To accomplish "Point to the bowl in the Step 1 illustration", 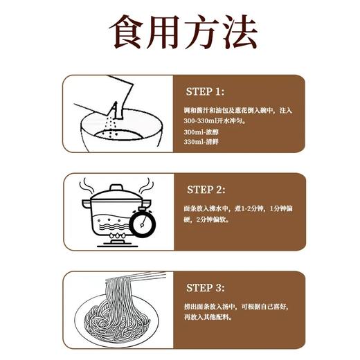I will point(114,132).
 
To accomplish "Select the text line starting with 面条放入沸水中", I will point(235,208).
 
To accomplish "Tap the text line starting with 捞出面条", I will point(235,307).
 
